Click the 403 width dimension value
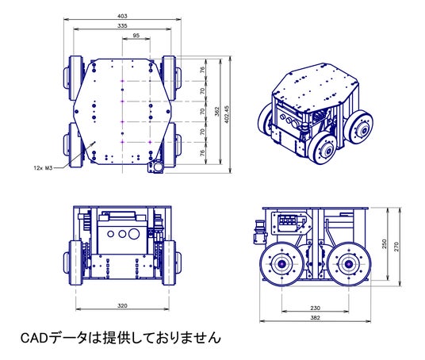122,16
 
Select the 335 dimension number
122,25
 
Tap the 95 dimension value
136,36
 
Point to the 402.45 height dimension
227,114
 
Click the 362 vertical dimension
217,112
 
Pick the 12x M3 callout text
43,168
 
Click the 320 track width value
122,306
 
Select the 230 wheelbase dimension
315,308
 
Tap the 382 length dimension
315,318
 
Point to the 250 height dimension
384,244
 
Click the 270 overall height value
396,247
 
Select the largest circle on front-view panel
134,234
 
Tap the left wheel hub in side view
282,264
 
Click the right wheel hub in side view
348,264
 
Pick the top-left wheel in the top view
75,78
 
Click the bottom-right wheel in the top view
169,145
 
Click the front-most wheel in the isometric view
324,149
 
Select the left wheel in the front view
75,262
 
